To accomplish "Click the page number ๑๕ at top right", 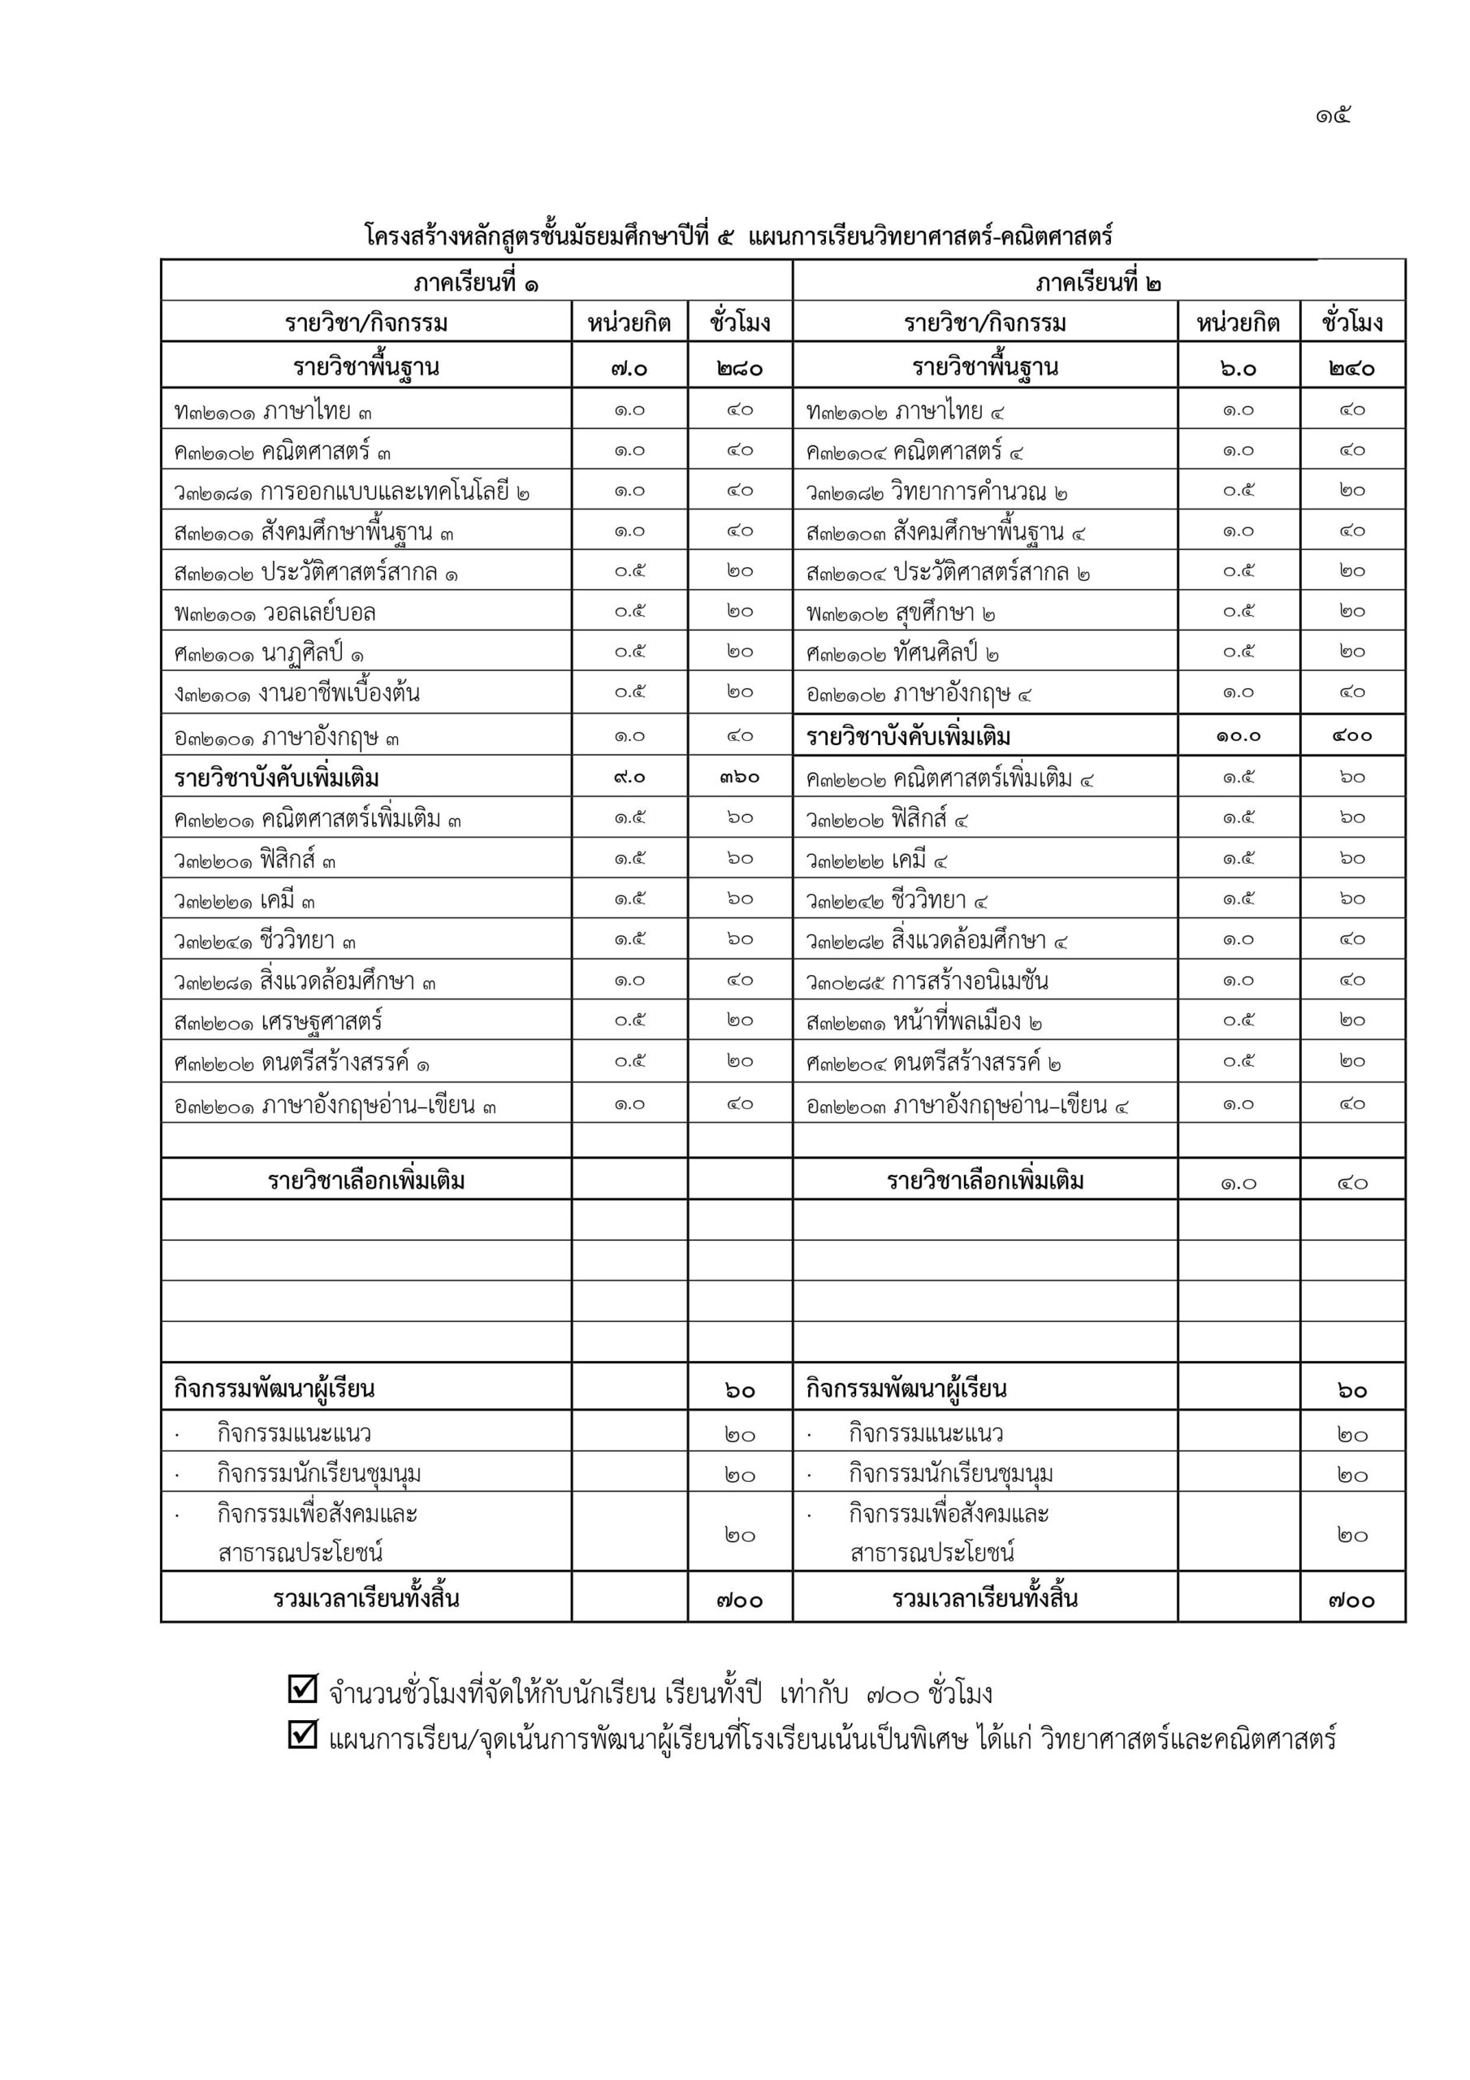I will coord(1334,116).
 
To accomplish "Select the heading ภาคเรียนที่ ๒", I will coord(1098,283).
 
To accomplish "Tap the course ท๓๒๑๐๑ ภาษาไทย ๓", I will coord(274,412).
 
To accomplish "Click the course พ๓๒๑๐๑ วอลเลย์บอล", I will coord(275,613).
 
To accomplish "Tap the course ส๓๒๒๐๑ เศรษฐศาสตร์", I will coord(279,1022).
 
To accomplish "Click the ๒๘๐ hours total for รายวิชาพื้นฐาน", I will coord(739,369).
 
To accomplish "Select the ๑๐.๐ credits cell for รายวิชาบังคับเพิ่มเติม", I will coord(1239,736).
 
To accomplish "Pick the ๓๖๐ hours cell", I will coord(739,778).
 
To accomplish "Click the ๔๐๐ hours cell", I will coord(1351,736).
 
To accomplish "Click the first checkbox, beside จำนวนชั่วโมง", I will coord(302,1688).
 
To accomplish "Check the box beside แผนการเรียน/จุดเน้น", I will coord(302,1734).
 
